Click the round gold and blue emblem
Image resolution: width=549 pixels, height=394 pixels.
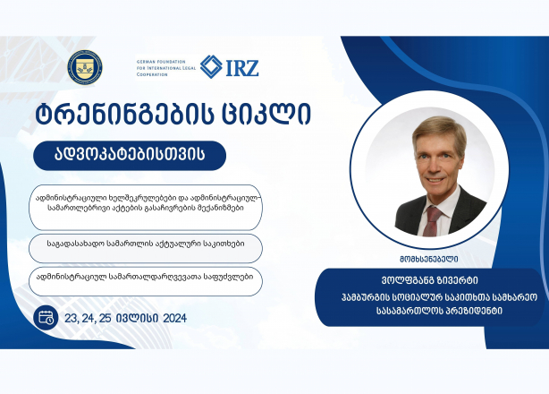(x=85, y=67)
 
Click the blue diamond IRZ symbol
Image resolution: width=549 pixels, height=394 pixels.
(x=211, y=66)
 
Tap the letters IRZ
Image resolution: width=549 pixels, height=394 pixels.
(x=242, y=68)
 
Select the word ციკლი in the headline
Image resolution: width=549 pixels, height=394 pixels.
(x=266, y=114)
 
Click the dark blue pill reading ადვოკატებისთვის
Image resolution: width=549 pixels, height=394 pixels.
(x=130, y=156)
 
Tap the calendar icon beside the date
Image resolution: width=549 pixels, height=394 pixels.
(x=46, y=318)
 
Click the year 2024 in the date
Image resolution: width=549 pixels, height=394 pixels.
(x=174, y=318)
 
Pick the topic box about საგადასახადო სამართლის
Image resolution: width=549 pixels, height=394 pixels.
(x=146, y=249)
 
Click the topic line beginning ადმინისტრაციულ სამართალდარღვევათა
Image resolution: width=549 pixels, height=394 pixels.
(x=145, y=277)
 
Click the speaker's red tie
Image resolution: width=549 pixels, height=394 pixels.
(x=431, y=221)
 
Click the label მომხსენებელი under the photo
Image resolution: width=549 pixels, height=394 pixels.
(x=429, y=260)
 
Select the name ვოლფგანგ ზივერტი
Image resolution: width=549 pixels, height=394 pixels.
(x=429, y=280)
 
